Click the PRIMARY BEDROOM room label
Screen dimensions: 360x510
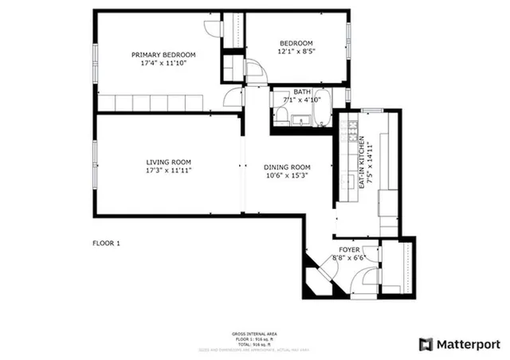163,55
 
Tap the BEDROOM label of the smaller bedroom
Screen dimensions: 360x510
296,43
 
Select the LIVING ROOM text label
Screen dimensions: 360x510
168,160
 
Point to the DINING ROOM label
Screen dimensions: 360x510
286,167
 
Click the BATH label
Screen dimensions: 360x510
301,92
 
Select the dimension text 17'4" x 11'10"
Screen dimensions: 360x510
163,63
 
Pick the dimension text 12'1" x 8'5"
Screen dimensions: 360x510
296,52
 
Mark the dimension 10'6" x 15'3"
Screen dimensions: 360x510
286,176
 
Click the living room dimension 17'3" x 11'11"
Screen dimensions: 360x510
168,169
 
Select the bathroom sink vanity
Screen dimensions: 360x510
300,120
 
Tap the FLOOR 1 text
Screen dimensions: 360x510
106,242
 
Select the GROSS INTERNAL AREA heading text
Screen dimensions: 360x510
254,333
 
